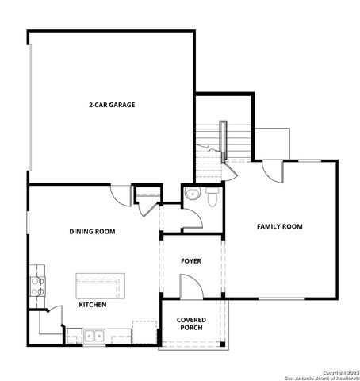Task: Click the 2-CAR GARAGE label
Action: [x=111, y=104]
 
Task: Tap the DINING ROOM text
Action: [x=93, y=232]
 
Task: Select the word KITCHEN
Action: [x=94, y=305]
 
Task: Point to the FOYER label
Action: [x=191, y=260]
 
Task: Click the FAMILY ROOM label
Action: [x=280, y=227]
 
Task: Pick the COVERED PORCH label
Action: [x=191, y=324]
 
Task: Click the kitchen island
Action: [x=101, y=284]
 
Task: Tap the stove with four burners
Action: [x=36, y=285]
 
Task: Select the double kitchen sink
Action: [x=94, y=335]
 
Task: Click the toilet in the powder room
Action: [x=212, y=198]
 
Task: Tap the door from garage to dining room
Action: [x=121, y=195]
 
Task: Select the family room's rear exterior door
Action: [x=273, y=169]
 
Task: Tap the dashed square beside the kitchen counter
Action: [x=144, y=330]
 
